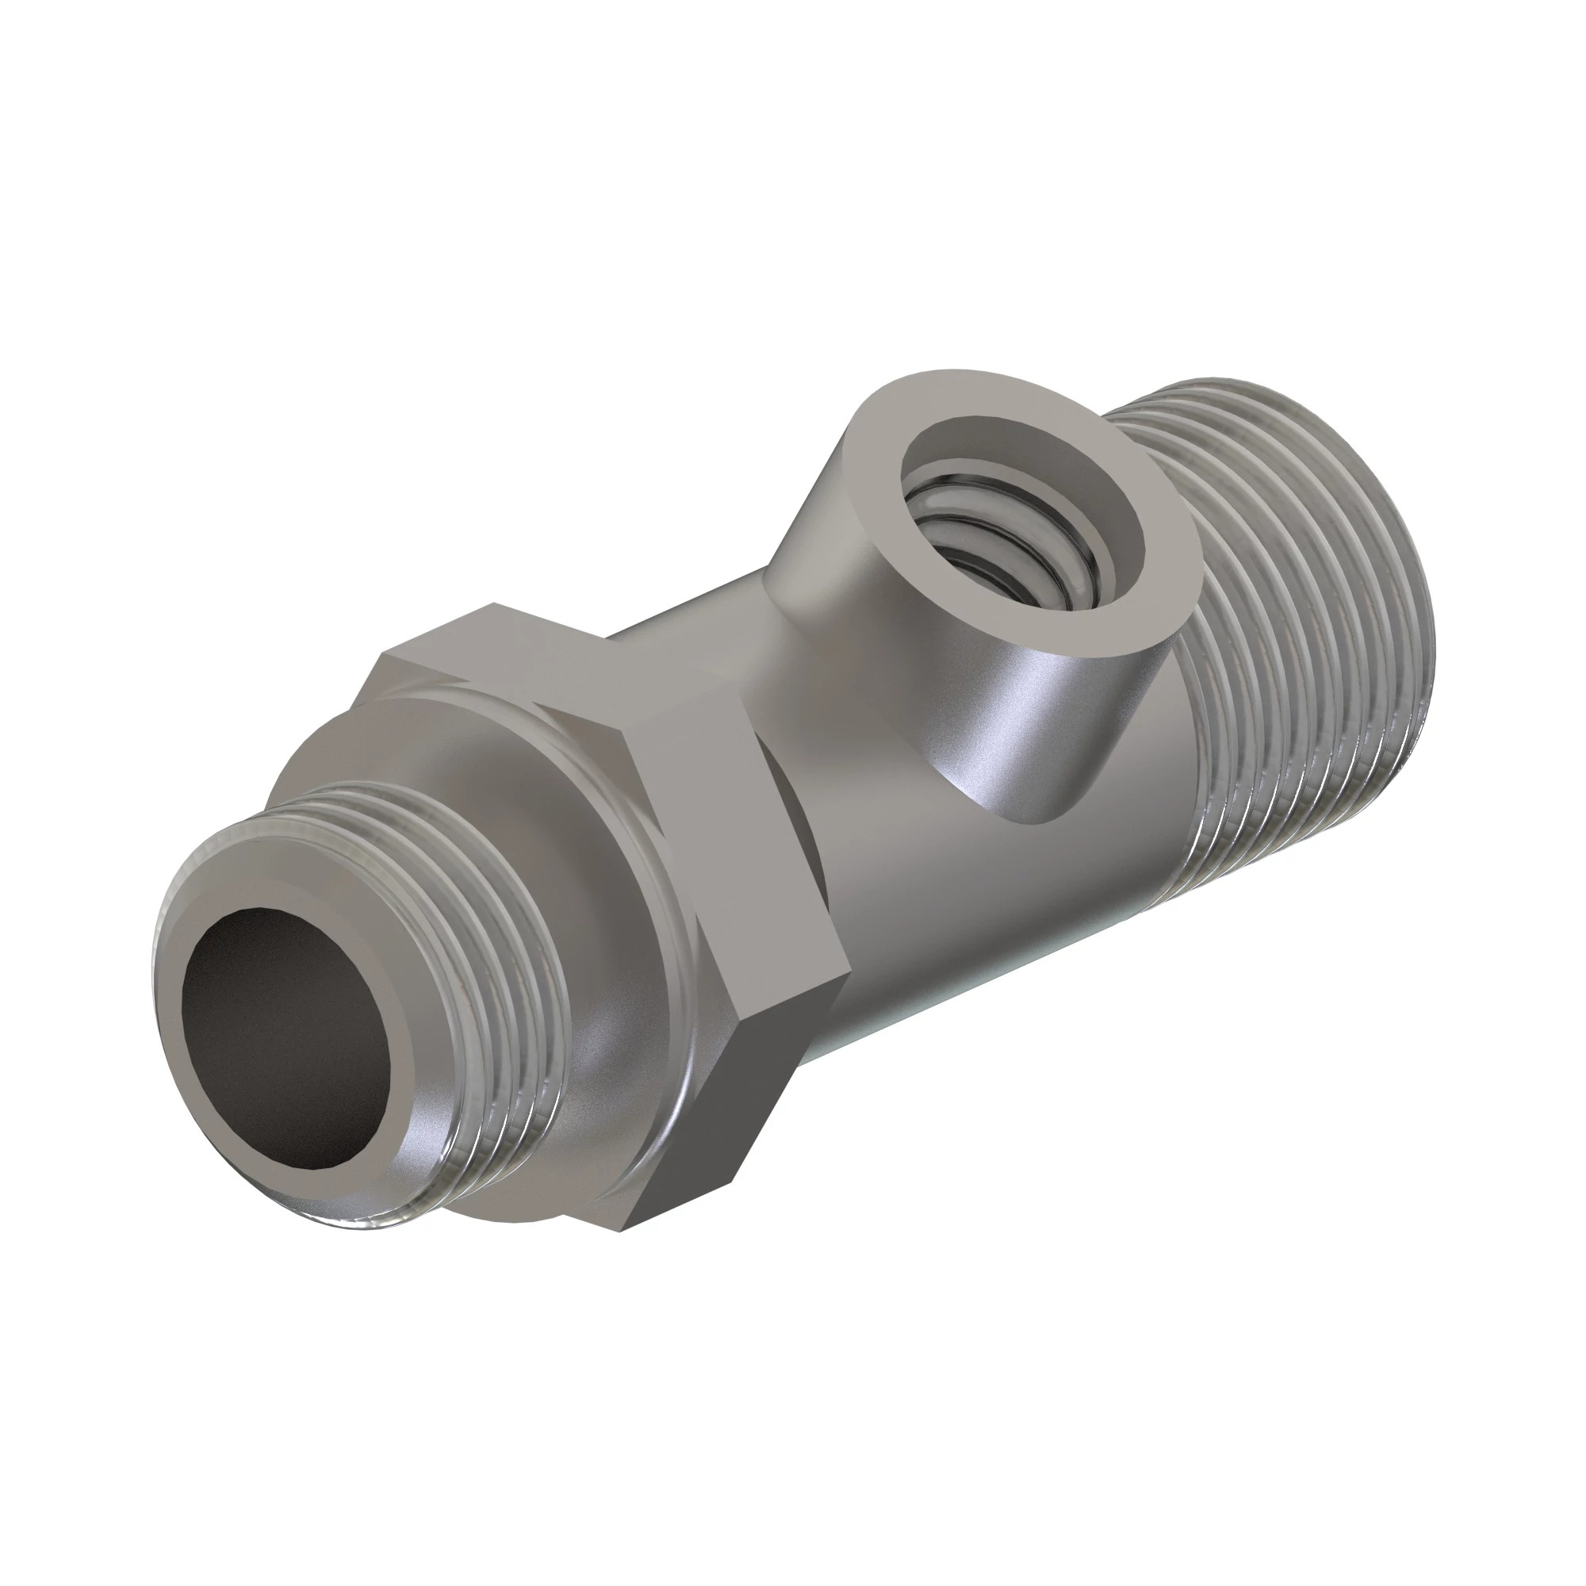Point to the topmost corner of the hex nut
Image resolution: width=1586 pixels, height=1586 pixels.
point(492,606)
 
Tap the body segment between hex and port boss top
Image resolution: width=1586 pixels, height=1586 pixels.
point(698,624)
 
